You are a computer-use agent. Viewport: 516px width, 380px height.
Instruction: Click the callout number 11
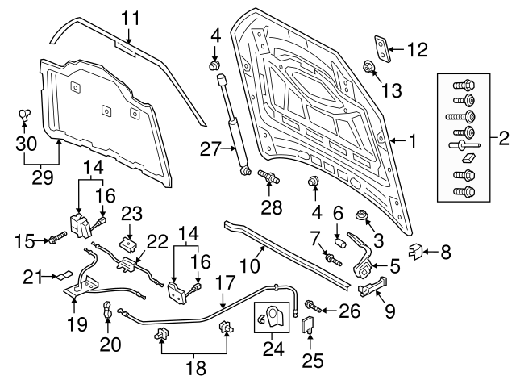coord(131,17)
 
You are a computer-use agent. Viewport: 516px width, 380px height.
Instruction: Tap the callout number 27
coord(210,148)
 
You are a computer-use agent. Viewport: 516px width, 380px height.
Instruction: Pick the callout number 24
coord(272,351)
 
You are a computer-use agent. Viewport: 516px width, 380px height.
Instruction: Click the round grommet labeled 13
coord(368,67)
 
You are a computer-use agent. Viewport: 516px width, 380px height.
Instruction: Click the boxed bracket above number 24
coord(272,317)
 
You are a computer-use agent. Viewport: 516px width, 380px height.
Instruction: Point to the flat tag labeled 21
coord(62,275)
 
